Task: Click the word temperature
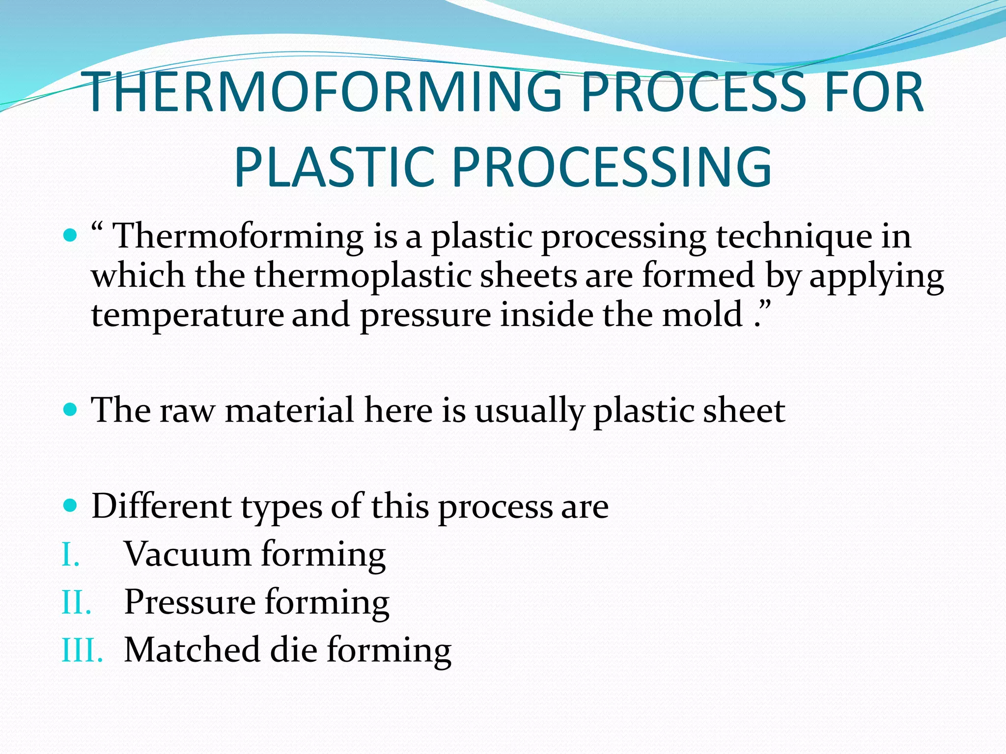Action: (187, 315)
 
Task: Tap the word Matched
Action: (192, 650)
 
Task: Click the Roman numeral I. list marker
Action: (70, 556)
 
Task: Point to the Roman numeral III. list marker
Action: (82, 651)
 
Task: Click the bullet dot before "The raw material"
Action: (71, 409)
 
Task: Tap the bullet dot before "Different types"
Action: (71, 505)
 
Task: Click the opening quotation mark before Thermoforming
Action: (97, 227)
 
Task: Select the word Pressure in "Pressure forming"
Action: (190, 602)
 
